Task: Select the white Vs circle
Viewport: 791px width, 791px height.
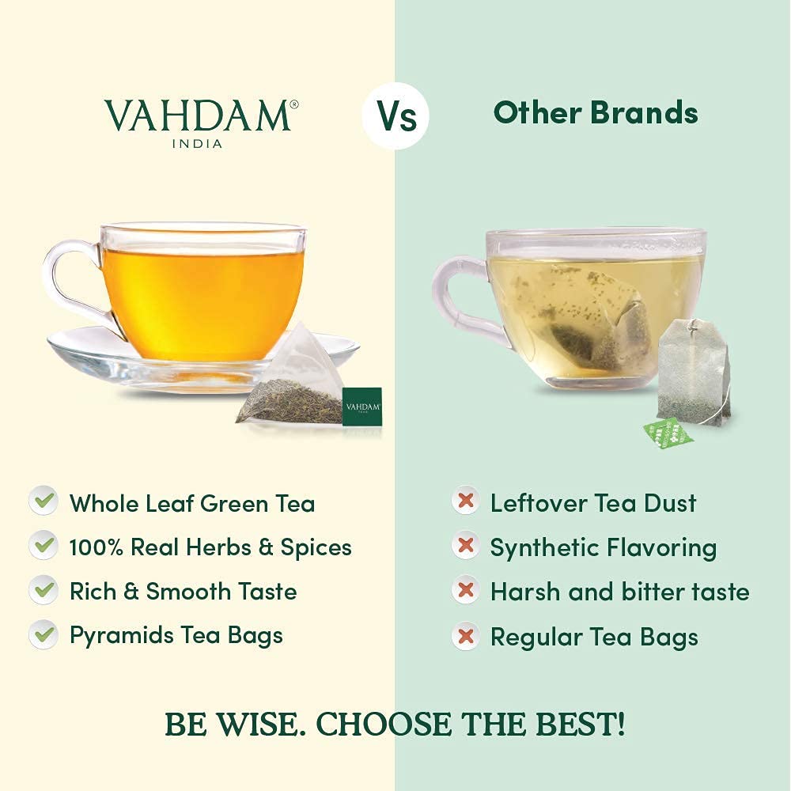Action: pos(395,115)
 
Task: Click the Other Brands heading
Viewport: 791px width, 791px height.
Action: pos(596,113)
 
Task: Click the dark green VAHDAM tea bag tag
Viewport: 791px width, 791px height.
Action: pos(362,406)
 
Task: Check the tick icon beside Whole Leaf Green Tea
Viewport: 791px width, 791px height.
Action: pos(43,501)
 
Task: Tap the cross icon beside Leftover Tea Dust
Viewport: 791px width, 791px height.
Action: pos(466,501)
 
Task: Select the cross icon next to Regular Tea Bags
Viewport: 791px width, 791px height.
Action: pos(466,637)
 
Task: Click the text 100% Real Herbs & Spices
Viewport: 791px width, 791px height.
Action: pos(210,547)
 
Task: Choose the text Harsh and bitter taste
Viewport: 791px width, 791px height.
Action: pos(619,592)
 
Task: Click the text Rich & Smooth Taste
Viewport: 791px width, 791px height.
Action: pos(184,592)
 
